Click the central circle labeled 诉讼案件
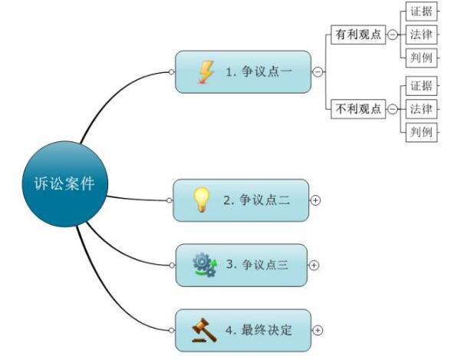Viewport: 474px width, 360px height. tap(65, 183)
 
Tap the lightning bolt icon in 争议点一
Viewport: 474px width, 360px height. tap(206, 72)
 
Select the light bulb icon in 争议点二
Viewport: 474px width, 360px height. tap(201, 200)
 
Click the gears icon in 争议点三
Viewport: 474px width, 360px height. tap(206, 265)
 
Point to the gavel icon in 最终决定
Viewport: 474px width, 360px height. tap(204, 330)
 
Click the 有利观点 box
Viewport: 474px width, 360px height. tap(358, 35)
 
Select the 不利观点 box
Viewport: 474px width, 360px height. tap(358, 109)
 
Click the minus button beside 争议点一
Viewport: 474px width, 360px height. tap(318, 72)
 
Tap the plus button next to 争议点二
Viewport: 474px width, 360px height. tap(315, 200)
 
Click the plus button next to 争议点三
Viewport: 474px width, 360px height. tap(314, 266)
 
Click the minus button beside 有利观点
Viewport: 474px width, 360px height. tap(393, 35)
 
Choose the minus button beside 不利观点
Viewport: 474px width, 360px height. tap(393, 109)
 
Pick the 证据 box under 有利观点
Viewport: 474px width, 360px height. tap(421, 12)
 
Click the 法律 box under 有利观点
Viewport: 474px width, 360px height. tap(421, 35)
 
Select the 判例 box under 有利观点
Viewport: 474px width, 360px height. tap(421, 58)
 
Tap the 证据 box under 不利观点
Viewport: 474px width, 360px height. tap(421, 86)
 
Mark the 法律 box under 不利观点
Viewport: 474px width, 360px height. tap(421, 109)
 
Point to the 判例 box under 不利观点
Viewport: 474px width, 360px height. tap(421, 132)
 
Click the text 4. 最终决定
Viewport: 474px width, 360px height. tap(258, 330)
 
